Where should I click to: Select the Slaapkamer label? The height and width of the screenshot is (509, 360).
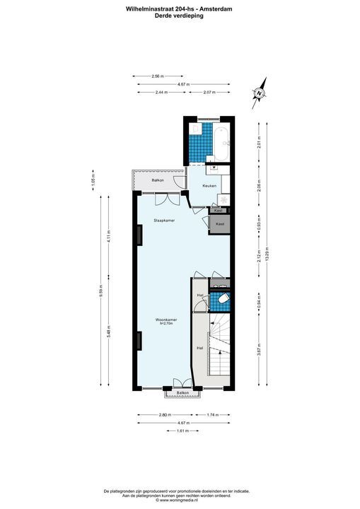(164, 221)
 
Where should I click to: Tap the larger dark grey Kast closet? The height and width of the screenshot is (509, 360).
(220, 224)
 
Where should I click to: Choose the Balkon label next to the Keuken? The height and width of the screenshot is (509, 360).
(158, 181)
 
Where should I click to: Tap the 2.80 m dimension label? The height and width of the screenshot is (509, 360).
(165, 415)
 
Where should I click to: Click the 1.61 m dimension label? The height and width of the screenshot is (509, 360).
(182, 431)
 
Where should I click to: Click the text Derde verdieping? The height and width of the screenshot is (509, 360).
(180, 16)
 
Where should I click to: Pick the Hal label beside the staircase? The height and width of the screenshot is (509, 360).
(200, 349)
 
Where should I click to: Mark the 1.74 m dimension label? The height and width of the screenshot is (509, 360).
(211, 415)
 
